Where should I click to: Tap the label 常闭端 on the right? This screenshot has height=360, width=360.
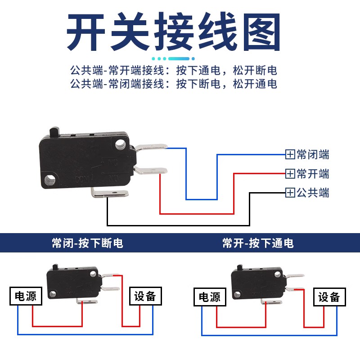click(313, 155)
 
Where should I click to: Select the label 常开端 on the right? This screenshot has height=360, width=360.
click(313, 174)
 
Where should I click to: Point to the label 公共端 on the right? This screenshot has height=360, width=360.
click(313, 193)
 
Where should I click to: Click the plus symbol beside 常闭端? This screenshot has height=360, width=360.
click(290, 155)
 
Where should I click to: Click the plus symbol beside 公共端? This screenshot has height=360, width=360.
click(290, 193)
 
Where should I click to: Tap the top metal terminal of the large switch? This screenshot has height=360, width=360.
click(152, 147)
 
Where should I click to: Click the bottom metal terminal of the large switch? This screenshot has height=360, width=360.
click(110, 194)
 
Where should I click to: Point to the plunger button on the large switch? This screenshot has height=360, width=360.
click(54, 131)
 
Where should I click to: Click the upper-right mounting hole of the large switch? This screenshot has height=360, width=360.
click(120, 145)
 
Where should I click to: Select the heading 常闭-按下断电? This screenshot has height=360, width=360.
click(87, 243)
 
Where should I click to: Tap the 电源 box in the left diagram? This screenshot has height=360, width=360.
click(26, 296)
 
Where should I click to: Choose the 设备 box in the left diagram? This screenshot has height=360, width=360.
click(144, 296)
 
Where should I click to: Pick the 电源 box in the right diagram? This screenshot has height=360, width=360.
click(210, 297)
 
